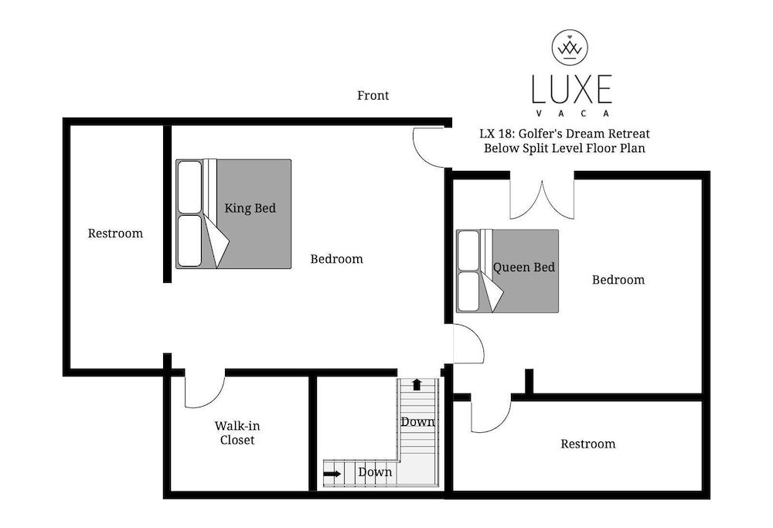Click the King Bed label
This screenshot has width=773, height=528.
tap(250, 208)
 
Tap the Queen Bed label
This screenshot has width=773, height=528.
tap(524, 267)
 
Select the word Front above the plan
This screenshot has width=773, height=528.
tap(373, 96)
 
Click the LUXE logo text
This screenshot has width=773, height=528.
tap(571, 90)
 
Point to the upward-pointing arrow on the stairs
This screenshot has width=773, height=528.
tap(417, 384)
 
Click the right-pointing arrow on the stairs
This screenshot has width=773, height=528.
tap(332, 472)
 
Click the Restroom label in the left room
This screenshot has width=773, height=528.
tap(115, 233)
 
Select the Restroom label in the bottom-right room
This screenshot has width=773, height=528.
tap(587, 444)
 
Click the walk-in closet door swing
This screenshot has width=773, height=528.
tap(203, 390)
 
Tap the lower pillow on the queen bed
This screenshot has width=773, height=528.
tap(468, 291)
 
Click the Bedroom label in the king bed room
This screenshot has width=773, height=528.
tap(336, 259)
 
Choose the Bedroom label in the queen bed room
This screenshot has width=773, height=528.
tap(618, 280)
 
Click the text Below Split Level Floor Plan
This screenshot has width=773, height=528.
tap(564, 148)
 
